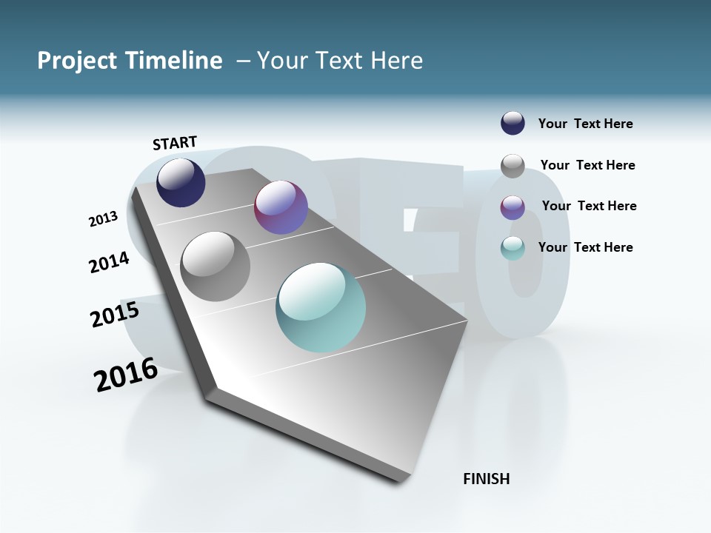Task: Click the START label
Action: [175, 142]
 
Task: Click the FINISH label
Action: [487, 479]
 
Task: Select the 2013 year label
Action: [104, 219]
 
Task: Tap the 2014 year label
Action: [110, 262]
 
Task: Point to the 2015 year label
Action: [115, 314]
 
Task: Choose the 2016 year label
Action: [126, 375]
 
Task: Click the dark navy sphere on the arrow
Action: [181, 183]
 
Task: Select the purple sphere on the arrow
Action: [281, 207]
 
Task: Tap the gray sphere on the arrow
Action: [216, 266]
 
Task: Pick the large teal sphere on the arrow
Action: [321, 307]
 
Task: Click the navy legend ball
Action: [513, 123]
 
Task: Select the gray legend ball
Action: [513, 166]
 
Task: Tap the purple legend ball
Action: [513, 207]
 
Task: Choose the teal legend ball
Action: [513, 248]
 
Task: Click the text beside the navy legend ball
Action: [586, 124]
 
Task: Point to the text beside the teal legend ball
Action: [586, 247]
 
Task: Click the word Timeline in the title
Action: [177, 61]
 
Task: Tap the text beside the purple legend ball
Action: [589, 206]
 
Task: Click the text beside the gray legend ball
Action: [588, 165]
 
